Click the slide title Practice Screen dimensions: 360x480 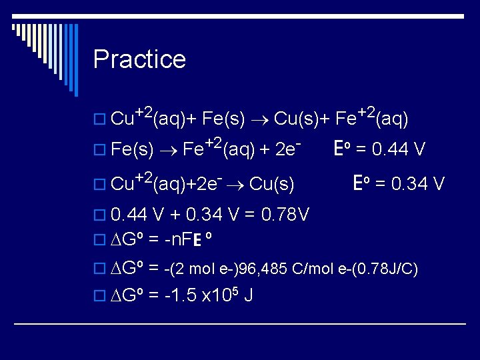pyautogui.click(x=139, y=59)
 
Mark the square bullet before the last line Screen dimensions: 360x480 pyautogui.click(x=100, y=295)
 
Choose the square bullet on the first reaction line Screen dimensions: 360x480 pyautogui.click(x=100, y=120)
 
